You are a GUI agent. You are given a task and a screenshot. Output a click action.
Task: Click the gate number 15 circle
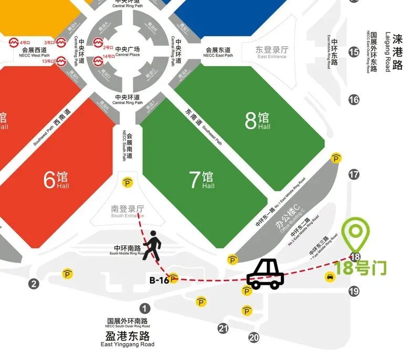(x=354, y=52)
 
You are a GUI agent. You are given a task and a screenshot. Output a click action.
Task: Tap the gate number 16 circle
(x=354, y=99)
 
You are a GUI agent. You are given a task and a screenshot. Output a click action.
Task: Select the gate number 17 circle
(x=354, y=175)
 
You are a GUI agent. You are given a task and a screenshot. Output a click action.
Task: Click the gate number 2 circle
(x=34, y=284)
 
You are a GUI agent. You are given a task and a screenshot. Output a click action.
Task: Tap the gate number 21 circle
(x=224, y=329)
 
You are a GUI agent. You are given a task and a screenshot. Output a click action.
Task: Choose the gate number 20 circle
(x=254, y=337)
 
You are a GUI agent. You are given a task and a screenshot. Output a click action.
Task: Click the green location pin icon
(x=356, y=234)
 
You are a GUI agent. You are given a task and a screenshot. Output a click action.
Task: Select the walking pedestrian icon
(x=152, y=245)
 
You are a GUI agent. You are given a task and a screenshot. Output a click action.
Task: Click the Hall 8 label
(x=257, y=121)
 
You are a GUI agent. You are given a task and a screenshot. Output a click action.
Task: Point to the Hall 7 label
(x=202, y=180)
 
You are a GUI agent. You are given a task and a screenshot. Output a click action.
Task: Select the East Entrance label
(x=272, y=52)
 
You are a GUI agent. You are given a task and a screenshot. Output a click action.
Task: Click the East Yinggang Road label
(x=128, y=339)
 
